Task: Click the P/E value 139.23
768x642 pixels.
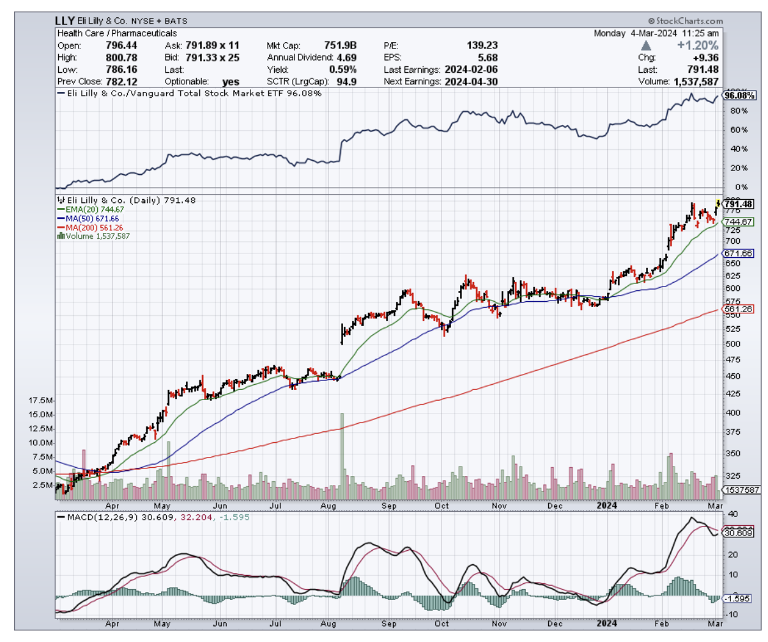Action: [x=481, y=45]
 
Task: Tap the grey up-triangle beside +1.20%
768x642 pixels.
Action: [x=646, y=46]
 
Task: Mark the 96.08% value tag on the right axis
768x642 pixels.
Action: [x=740, y=96]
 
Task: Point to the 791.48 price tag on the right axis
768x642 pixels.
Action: [x=739, y=204]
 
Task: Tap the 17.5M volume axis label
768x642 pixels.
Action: [x=40, y=400]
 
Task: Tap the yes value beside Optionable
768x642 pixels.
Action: [x=230, y=82]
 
